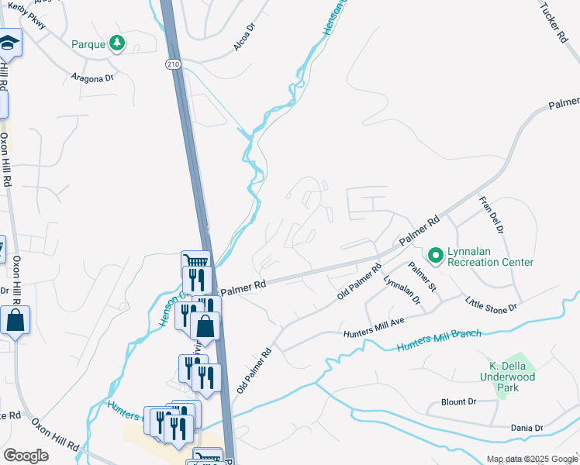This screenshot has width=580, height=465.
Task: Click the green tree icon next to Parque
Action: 116,43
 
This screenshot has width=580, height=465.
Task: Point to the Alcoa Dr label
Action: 244,37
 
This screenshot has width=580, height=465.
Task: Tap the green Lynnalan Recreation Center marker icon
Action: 435,254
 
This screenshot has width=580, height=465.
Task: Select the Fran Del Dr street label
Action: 492,215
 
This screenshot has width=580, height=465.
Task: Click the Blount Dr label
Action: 458,401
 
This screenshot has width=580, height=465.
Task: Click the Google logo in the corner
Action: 26,456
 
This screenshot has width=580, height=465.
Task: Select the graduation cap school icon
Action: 9,46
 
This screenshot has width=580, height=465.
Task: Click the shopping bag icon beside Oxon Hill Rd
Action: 16,319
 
